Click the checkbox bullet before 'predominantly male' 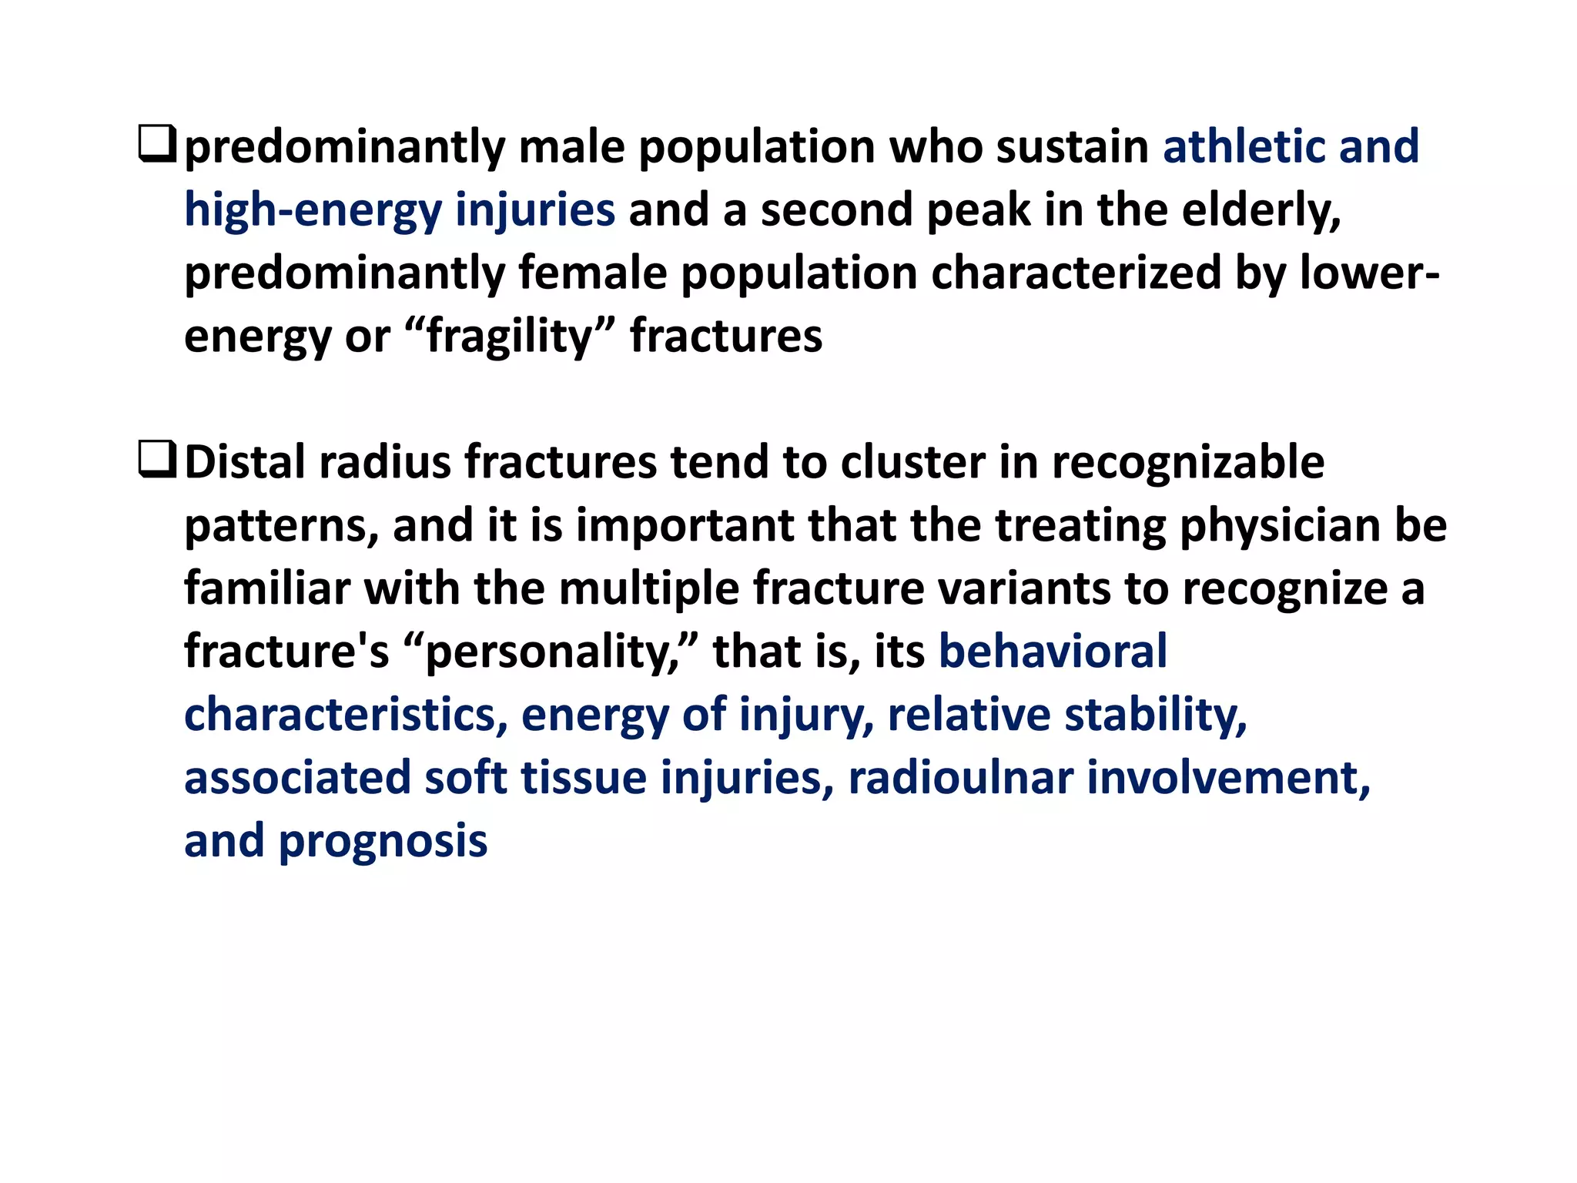point(157,145)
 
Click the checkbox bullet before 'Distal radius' point(157,461)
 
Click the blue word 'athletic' point(1244,146)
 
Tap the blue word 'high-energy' point(313,210)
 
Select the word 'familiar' point(267,588)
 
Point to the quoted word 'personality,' point(551,652)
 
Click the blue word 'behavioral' point(1053,652)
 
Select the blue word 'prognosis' point(383,841)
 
